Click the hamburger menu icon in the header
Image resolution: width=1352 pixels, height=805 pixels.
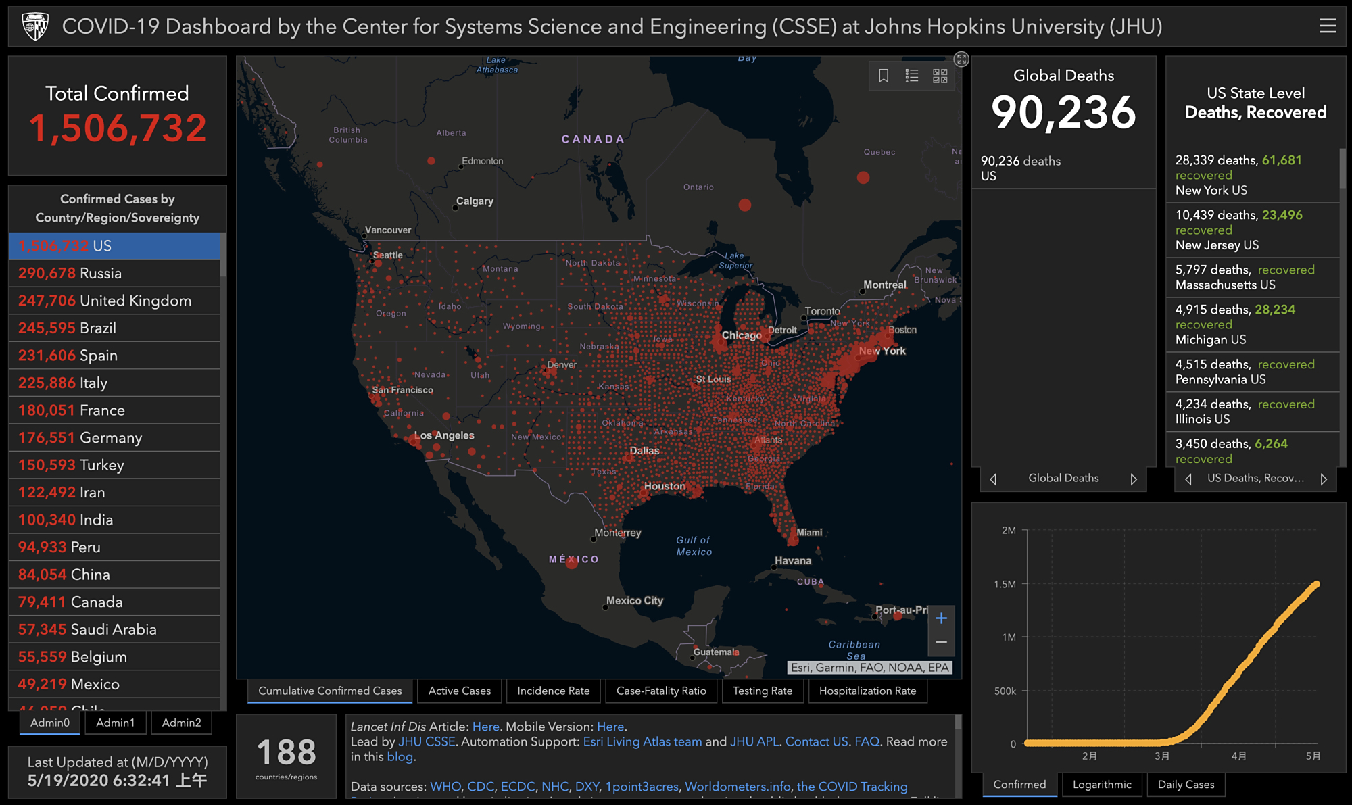pyautogui.click(x=1328, y=26)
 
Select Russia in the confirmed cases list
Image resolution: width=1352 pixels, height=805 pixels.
pyautogui.click(x=114, y=273)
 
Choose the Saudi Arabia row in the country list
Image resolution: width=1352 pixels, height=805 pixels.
pyautogui.click(x=114, y=629)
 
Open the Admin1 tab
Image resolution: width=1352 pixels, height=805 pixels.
pyautogui.click(x=115, y=723)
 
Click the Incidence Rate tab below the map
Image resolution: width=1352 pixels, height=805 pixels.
pyautogui.click(x=553, y=691)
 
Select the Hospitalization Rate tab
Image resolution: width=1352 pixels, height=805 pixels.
pyautogui.click(x=867, y=691)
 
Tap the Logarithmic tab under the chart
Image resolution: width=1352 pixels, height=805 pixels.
pyautogui.click(x=1101, y=784)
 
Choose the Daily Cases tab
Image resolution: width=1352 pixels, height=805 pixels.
pyautogui.click(x=1186, y=784)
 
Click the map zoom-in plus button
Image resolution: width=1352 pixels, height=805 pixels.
pyautogui.click(x=941, y=618)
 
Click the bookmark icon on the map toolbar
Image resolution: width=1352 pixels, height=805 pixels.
pyautogui.click(x=884, y=76)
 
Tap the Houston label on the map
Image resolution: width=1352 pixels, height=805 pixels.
pyautogui.click(x=665, y=486)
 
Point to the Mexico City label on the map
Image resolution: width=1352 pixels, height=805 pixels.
pyautogui.click(x=634, y=600)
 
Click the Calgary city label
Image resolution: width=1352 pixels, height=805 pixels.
pyautogui.click(x=475, y=201)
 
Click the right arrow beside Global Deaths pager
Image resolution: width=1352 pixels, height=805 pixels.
pyautogui.click(x=1134, y=479)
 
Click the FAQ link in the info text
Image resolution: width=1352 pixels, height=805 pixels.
pyautogui.click(x=867, y=741)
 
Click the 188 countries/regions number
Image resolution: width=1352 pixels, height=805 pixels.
pyautogui.click(x=287, y=752)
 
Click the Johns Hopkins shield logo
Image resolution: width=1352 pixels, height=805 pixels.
pyautogui.click(x=35, y=26)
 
